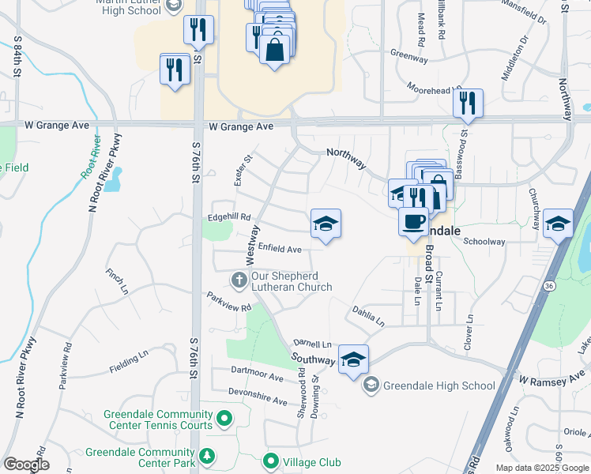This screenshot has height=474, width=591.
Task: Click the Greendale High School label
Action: pos(439,386)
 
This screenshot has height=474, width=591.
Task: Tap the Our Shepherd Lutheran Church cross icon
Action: pos(238,280)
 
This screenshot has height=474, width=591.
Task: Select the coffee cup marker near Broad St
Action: pos(412,223)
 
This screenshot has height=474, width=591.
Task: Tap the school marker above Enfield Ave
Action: pos(326,225)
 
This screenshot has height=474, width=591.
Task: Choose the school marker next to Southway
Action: pos(353,359)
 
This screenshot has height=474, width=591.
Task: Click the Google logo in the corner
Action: pos(26,465)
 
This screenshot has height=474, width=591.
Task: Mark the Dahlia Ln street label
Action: pos(368,317)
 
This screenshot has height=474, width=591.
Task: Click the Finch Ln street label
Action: pos(117,280)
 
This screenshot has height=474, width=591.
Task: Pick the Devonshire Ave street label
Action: pos(258,396)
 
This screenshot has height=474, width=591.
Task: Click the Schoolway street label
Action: pos(484,242)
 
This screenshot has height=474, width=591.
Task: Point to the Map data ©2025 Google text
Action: pos(541,468)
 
